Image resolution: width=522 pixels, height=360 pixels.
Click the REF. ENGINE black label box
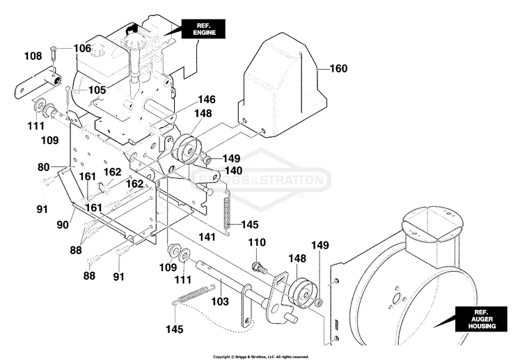click(x=203, y=29)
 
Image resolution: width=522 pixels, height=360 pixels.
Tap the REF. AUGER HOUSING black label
click(x=481, y=319)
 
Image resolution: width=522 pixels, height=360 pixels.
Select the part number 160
click(x=338, y=68)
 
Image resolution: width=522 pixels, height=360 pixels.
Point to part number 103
click(x=220, y=302)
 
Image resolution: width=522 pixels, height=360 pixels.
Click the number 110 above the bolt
click(x=257, y=242)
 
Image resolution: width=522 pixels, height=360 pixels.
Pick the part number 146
click(x=207, y=100)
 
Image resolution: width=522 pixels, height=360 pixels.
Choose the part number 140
click(x=233, y=171)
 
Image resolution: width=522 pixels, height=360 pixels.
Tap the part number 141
click(x=207, y=237)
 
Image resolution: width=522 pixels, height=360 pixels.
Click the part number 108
click(x=33, y=56)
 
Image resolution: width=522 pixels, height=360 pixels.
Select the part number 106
click(x=82, y=48)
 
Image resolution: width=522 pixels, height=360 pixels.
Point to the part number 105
click(x=97, y=90)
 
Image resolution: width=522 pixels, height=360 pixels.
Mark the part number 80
click(x=43, y=167)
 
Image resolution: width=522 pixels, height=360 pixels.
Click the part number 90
click(x=63, y=225)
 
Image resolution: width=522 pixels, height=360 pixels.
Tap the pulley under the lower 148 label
click(x=302, y=293)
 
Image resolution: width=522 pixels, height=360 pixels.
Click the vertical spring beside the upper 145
click(x=228, y=213)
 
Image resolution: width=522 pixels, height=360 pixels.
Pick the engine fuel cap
click(x=99, y=51)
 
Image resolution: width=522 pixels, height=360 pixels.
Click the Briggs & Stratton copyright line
click(x=261, y=357)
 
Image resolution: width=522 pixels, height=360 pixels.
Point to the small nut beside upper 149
click(x=207, y=161)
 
